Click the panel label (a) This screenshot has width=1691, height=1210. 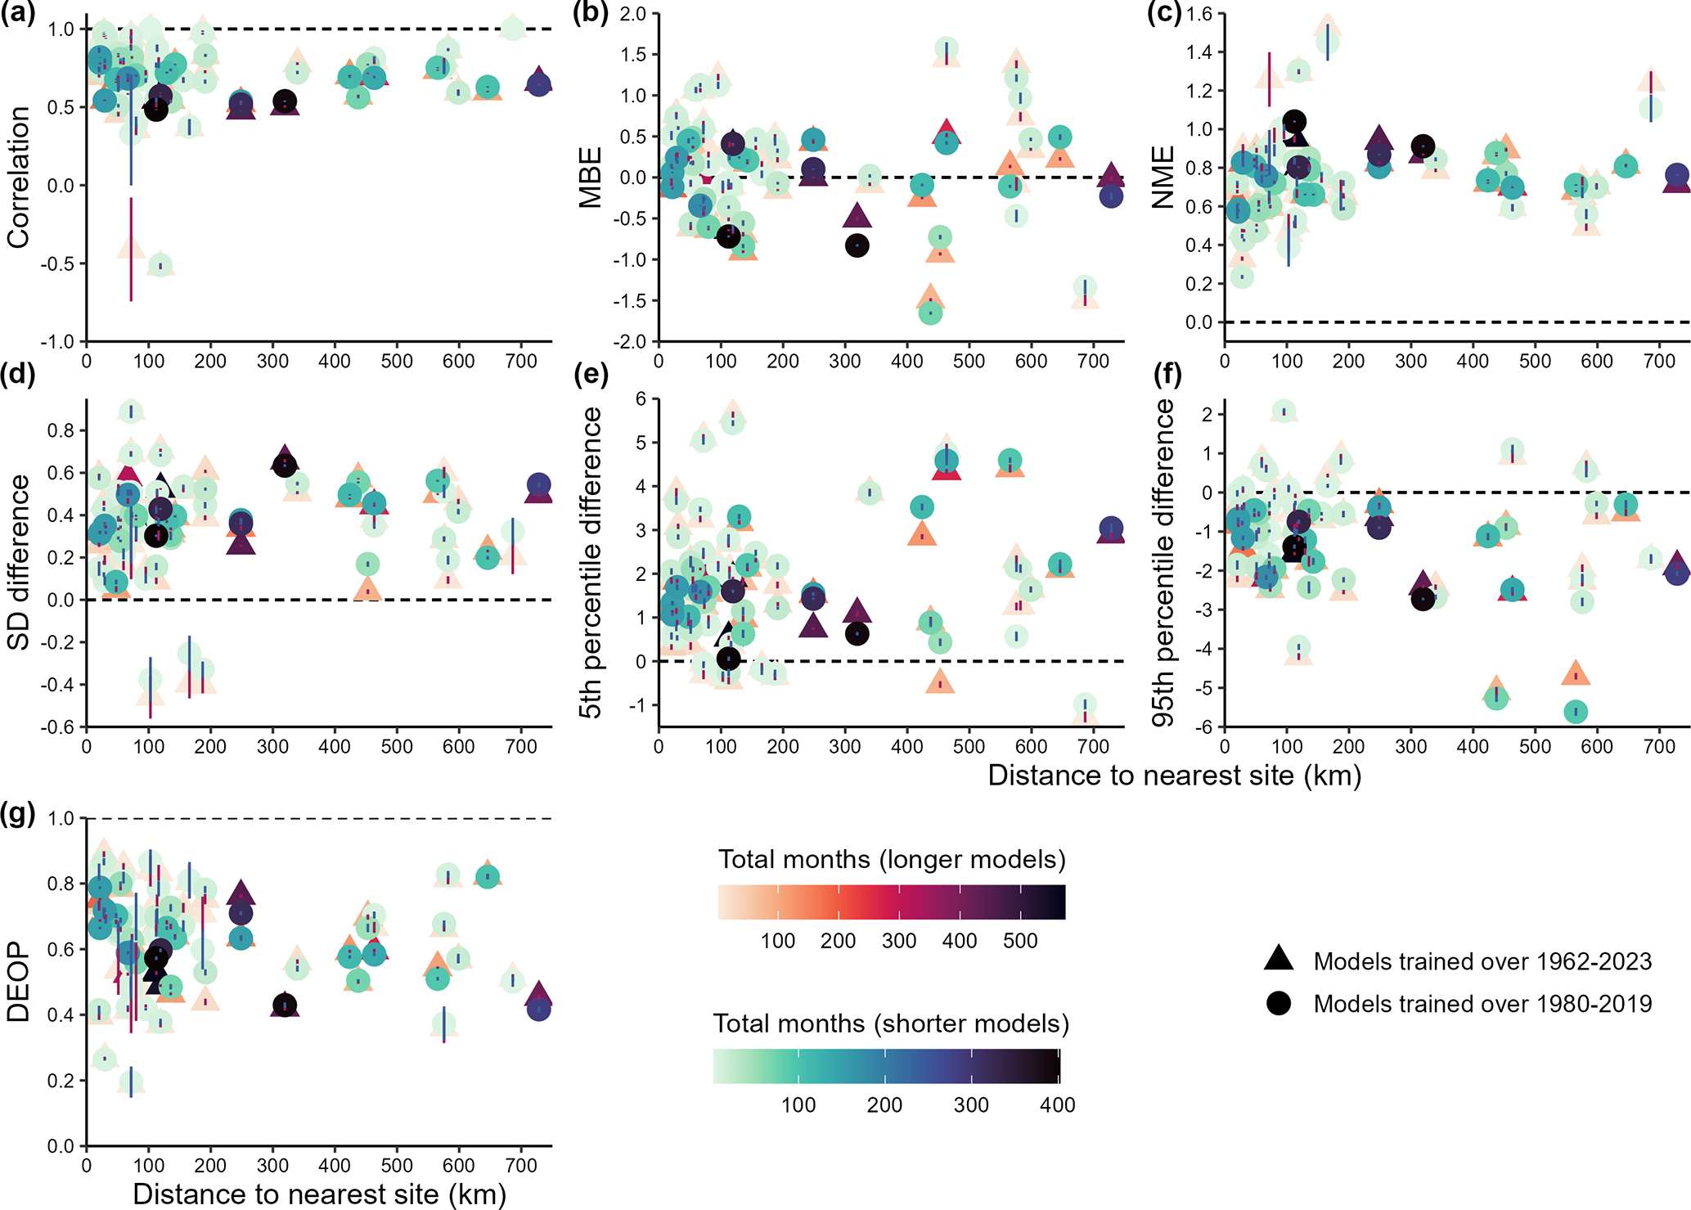point(17,15)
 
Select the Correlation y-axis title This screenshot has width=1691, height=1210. point(18,177)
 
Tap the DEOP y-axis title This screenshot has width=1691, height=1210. point(18,982)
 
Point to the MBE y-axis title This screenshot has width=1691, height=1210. point(590,177)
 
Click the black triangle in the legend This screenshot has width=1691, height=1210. point(1279,959)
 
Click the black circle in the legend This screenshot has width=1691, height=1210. point(1279,1003)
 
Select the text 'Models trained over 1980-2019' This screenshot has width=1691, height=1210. point(1482,1004)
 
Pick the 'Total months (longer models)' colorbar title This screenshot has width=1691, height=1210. point(892,860)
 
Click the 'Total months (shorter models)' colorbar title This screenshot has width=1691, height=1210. point(891,1023)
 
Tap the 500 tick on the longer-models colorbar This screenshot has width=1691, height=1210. point(1020,941)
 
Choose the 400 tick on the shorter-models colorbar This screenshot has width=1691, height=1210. point(1057,1105)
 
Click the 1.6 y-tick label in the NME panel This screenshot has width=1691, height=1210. point(1201,14)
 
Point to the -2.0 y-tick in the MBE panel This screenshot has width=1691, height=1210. point(631,341)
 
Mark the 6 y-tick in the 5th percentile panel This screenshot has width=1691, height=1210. point(641,398)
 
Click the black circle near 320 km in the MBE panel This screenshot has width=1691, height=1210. point(857,245)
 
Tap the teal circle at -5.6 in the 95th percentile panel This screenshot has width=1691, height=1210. point(1576,712)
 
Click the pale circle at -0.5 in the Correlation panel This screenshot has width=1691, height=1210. point(160,265)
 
